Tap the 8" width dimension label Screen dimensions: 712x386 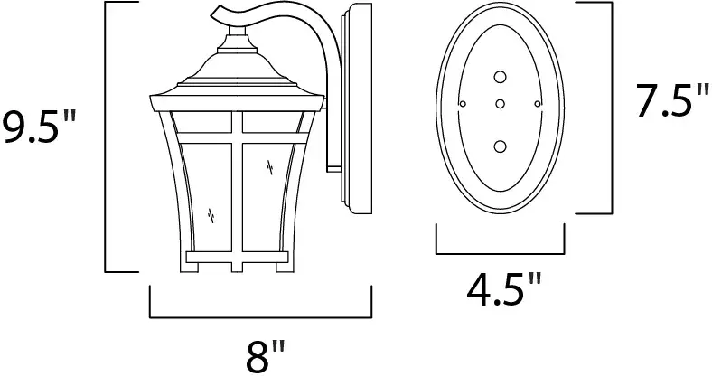[x=266, y=356]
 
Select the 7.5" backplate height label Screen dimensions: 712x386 [x=671, y=101]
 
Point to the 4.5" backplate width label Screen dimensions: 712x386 [x=504, y=289]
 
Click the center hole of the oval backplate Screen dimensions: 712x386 [x=500, y=104]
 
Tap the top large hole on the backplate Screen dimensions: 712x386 [x=500, y=77]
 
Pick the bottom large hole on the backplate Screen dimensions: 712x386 [x=500, y=146]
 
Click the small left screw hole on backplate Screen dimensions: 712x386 [x=463, y=104]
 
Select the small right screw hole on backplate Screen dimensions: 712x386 [x=538, y=104]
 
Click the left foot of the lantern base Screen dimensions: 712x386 [x=189, y=267]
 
